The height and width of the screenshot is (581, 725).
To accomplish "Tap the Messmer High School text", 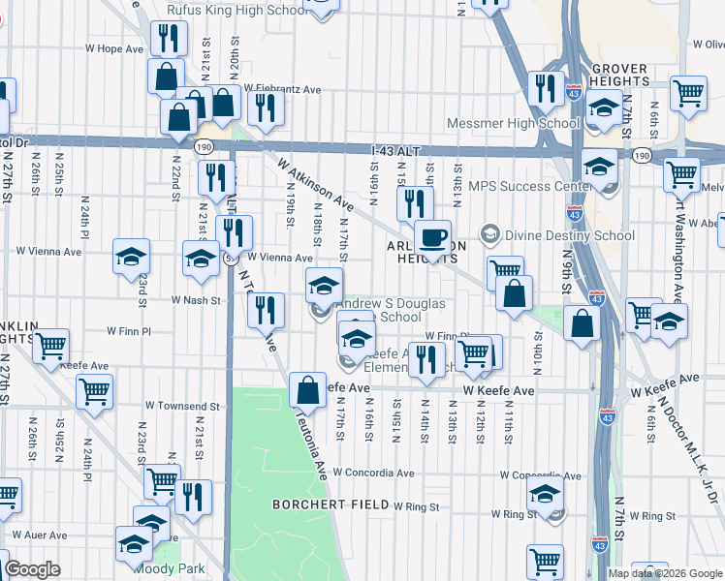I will (x=513, y=123).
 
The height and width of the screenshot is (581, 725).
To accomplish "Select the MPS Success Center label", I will (x=523, y=186).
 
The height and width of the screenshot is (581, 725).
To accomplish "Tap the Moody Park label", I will (x=170, y=569).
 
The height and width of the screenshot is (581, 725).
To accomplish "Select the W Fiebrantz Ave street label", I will (x=282, y=89).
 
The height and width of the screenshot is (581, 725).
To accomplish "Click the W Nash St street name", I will (x=197, y=300).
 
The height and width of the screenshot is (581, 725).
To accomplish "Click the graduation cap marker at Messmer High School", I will (x=603, y=109).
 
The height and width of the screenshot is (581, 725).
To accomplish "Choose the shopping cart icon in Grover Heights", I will (x=688, y=93).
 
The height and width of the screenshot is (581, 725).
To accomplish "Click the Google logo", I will (x=32, y=569).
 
